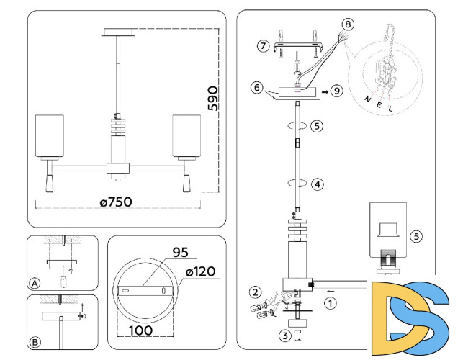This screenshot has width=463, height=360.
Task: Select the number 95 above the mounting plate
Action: pyautogui.click(x=180, y=253)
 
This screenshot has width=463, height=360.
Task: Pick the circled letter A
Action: pyautogui.click(x=35, y=282)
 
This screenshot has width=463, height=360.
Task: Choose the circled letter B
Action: pyautogui.click(x=35, y=341)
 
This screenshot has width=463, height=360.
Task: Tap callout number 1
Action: pyautogui.click(x=330, y=303)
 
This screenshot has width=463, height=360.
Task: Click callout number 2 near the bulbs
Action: pyautogui.click(x=255, y=292)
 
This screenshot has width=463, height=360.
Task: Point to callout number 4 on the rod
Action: pyautogui.click(x=318, y=184)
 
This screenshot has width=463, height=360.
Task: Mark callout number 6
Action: pyautogui.click(x=255, y=87)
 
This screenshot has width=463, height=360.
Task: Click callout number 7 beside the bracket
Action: pyautogui.click(x=263, y=45)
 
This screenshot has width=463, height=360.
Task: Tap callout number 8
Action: pyautogui.click(x=348, y=24)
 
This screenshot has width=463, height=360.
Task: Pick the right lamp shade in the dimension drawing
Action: pyautogui.click(x=186, y=135)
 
